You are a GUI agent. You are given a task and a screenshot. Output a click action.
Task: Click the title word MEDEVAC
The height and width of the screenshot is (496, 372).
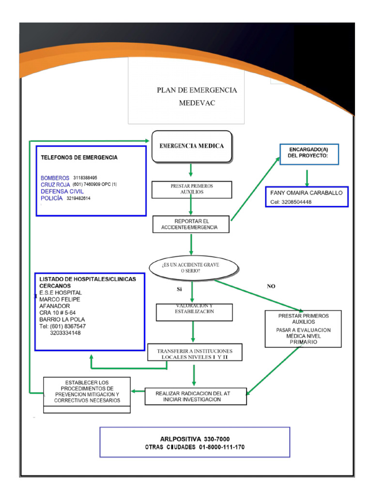click(197, 103)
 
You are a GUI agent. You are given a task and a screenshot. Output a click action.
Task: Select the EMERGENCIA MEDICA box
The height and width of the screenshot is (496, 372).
click(192, 146)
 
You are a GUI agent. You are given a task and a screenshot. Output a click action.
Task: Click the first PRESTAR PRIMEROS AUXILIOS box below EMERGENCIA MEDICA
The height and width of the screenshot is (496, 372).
click(191, 189)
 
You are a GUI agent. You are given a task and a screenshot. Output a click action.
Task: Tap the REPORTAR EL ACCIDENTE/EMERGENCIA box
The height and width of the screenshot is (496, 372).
click(191, 224)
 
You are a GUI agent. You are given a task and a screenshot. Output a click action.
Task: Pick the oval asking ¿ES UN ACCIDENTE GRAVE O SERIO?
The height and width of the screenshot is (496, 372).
click(194, 268)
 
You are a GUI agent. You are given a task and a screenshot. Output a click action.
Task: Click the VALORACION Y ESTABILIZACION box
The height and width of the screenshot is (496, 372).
click(194, 312)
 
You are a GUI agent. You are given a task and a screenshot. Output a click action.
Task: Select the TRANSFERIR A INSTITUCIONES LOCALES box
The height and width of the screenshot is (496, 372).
click(194, 354)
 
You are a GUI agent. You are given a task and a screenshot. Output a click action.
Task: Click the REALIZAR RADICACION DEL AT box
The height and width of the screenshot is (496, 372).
click(196, 396)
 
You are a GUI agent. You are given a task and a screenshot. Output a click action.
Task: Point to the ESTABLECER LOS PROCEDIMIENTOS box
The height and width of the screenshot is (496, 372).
click(87, 391)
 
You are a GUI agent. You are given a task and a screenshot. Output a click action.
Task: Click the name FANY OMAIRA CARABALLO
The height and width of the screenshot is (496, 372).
click(306, 192)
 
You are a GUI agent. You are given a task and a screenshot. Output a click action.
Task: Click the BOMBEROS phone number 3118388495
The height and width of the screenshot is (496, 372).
click(85, 178)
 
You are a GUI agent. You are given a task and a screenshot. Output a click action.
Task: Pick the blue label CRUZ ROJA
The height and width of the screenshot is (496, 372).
click(55, 185)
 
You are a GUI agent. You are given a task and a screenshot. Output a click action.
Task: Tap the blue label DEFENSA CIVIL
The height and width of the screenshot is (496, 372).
click(59, 191)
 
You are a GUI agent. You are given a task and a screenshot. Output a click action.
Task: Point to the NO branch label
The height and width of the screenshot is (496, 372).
click(271, 286)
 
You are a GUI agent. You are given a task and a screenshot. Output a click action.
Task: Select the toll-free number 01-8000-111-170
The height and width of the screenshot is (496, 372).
click(221, 447)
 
